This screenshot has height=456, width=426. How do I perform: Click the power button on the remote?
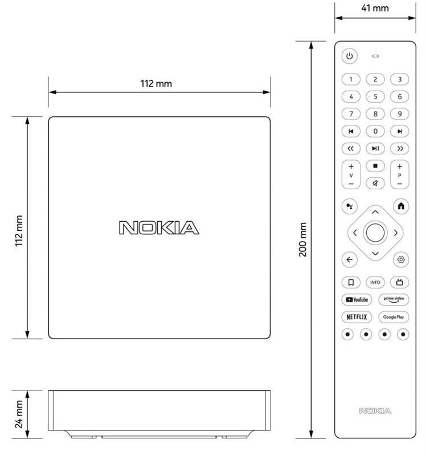[x=349, y=56]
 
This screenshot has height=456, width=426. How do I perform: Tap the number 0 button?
[x=375, y=131]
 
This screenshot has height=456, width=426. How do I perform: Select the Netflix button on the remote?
[x=357, y=317]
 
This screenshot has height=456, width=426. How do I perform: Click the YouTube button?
[x=357, y=300]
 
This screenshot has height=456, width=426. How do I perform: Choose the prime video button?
[x=394, y=300]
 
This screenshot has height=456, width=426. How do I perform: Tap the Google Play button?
[x=394, y=317]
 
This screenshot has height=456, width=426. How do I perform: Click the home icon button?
[x=401, y=206]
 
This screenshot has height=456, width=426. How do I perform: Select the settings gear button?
[x=401, y=259]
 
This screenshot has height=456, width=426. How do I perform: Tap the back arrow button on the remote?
[x=349, y=259]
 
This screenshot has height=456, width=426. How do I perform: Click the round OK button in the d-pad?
[x=375, y=233]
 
